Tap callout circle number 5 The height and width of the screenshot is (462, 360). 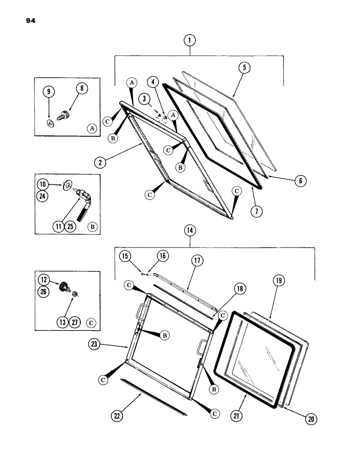pyautogui.click(x=244, y=67)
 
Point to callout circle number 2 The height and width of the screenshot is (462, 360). pyautogui.click(x=100, y=163)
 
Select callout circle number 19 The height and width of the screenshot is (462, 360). pyautogui.click(x=280, y=280)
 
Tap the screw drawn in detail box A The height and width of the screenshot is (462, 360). pyautogui.click(x=64, y=112)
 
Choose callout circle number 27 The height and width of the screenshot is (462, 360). pyautogui.click(x=74, y=322)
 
